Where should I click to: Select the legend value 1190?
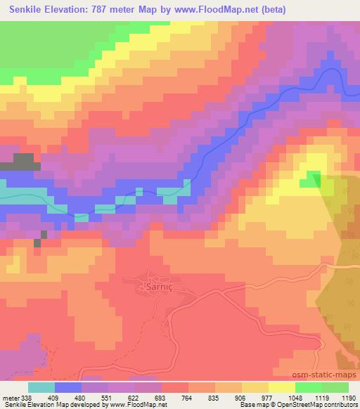[x=345, y=397]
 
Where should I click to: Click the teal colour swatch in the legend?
[x=41, y=387]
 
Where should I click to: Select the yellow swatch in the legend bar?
[x=282, y=387]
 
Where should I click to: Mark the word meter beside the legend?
[x=11, y=397]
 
